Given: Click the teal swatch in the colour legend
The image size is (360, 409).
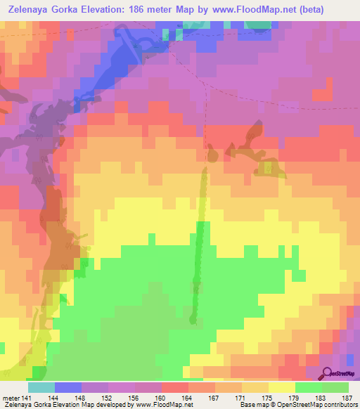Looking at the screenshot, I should point(41,387).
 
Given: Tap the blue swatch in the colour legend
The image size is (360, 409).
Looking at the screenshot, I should point(68,387).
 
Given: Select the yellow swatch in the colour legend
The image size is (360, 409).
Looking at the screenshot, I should point(282,387).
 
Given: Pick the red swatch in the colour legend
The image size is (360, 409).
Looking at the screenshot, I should point(175,387).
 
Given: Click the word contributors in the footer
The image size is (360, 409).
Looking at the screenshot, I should point(340,405).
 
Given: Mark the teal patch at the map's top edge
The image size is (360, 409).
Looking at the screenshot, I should point(259,25).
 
